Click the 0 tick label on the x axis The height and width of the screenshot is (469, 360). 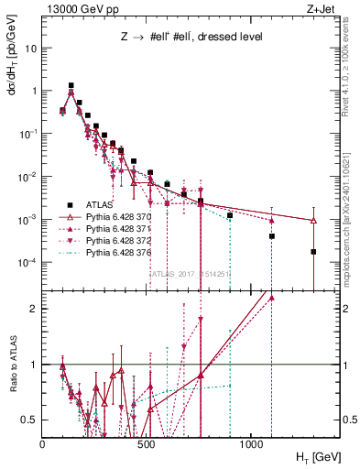click(x=42, y=443)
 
